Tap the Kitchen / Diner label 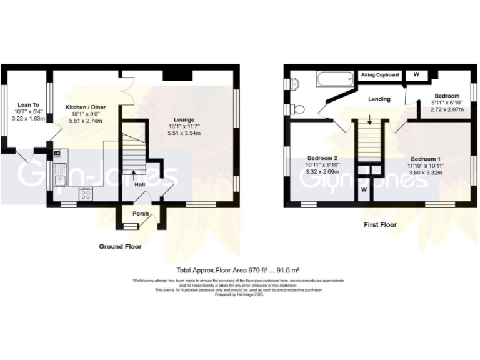[84, 107]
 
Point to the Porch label [141, 214]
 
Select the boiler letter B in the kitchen [57, 152]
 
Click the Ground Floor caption [120, 247]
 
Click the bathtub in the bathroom [336, 80]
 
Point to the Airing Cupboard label [380, 75]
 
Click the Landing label [379, 99]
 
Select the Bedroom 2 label [323, 157]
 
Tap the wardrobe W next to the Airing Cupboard [416, 74]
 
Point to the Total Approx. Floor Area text [238, 269]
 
